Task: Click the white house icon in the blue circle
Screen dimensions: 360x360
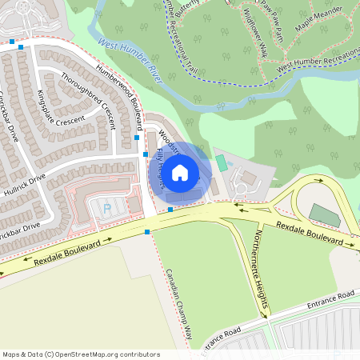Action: point(180,171)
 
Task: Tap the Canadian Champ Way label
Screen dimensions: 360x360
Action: point(179,300)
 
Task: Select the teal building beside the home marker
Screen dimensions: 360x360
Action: point(222,162)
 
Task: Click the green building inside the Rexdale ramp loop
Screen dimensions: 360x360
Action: point(325,214)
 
